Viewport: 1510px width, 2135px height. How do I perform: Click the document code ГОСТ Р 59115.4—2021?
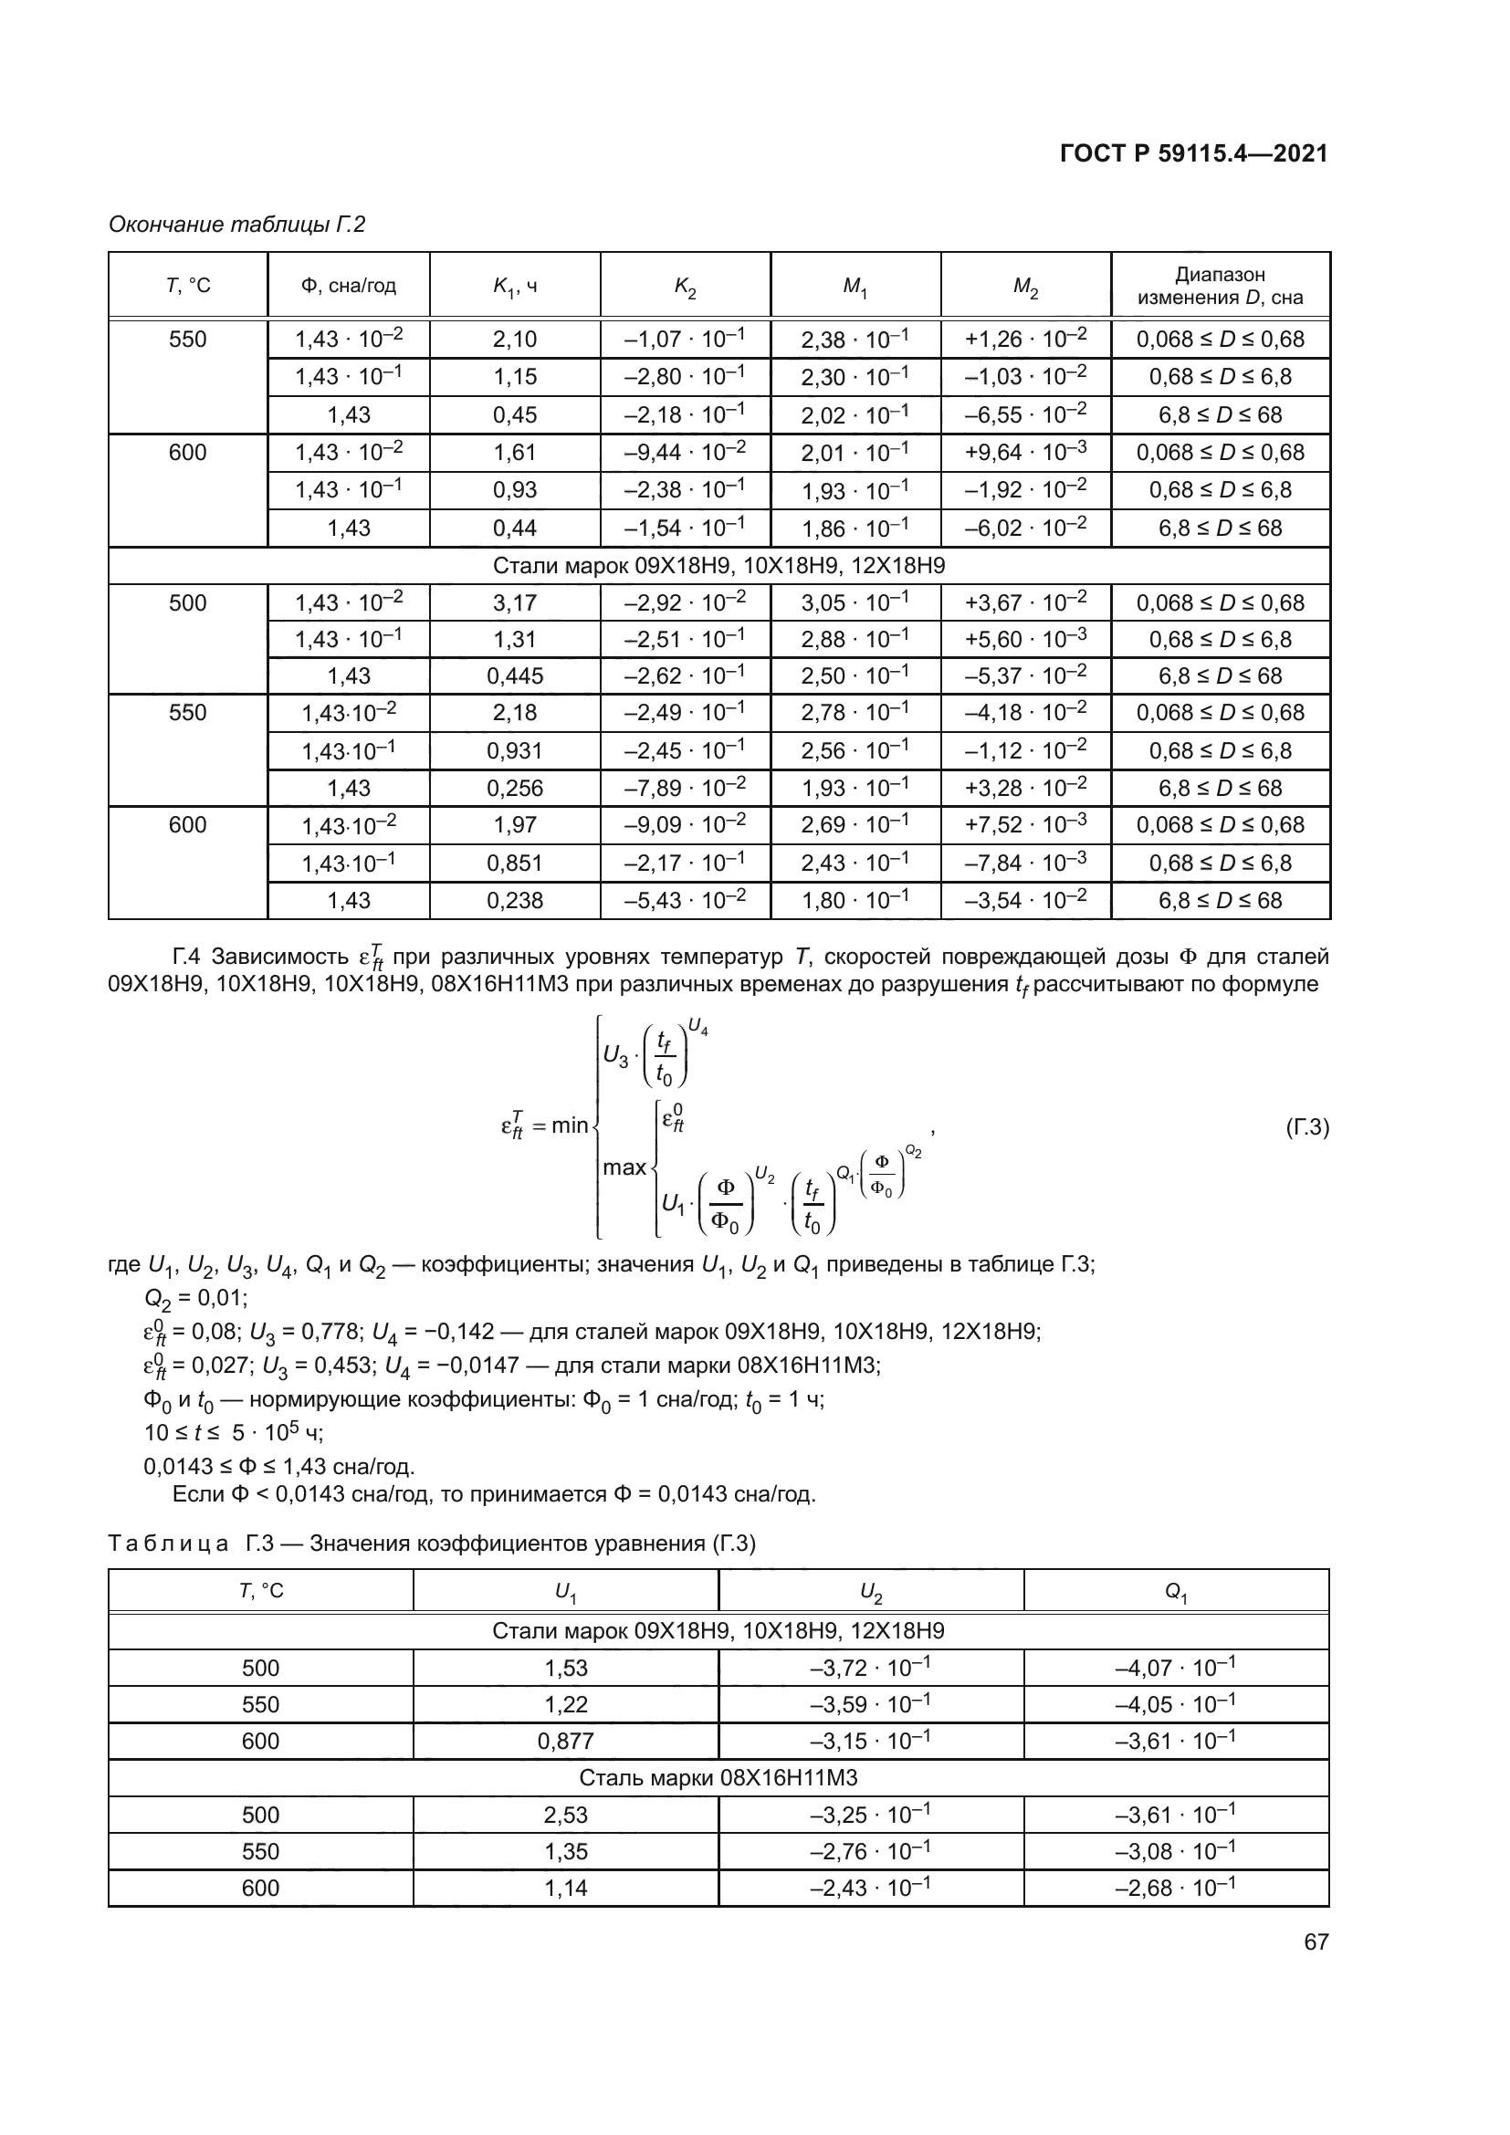[1193, 153]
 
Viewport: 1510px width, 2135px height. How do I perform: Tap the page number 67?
[1316, 1941]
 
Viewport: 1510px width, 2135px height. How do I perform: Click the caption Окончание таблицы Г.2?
[237, 225]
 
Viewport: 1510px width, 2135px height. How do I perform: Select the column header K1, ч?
[514, 287]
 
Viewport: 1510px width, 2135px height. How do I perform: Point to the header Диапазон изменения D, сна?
[1220, 286]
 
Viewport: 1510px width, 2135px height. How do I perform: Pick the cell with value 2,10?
[514, 340]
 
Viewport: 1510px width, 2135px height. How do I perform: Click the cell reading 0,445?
[514, 676]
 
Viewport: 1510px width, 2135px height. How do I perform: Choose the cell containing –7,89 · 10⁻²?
[685, 788]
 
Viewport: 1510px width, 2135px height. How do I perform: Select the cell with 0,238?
[514, 900]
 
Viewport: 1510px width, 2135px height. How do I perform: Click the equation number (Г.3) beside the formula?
[1306, 1128]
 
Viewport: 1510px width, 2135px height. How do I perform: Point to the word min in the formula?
[569, 1126]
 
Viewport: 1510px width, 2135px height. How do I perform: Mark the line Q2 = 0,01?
[195, 1298]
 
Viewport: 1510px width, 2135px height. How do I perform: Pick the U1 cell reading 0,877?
[565, 1741]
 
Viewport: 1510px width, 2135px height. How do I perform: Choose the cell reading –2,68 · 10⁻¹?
[1175, 1888]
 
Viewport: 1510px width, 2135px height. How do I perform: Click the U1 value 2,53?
[565, 1815]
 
